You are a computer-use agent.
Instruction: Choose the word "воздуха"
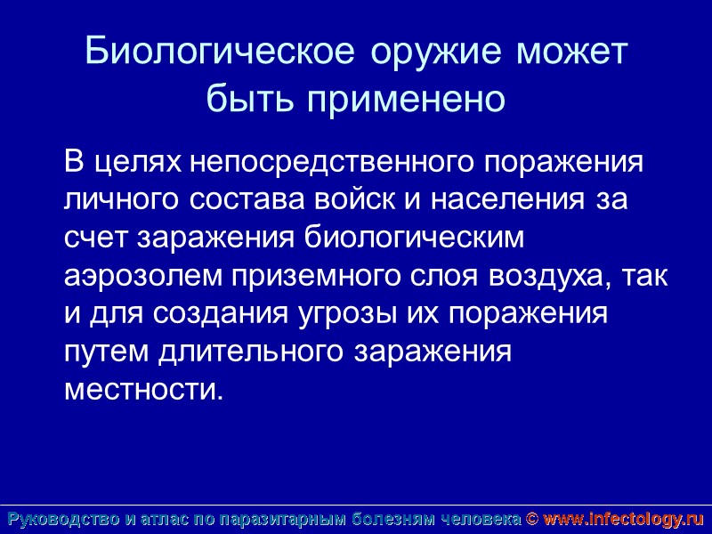coord(542,276)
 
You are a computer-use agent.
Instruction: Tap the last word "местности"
coord(141,390)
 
